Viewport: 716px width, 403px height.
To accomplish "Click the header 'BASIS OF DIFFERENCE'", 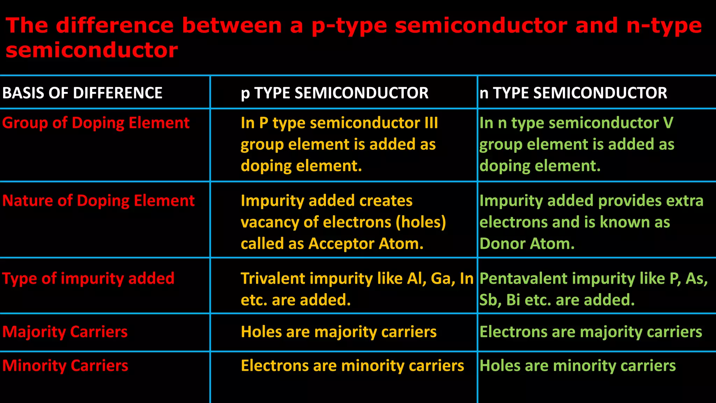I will [x=82, y=93].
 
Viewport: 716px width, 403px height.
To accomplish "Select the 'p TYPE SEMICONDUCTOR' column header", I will [x=335, y=93].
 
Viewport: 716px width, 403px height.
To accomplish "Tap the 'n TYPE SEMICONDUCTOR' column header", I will [x=573, y=93].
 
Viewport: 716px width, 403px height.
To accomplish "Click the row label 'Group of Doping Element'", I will [x=96, y=123].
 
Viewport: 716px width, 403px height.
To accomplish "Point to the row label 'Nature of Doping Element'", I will [x=98, y=201].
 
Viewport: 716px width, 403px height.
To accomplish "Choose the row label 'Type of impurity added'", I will [x=88, y=279].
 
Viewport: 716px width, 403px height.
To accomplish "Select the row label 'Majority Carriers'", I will [x=65, y=332].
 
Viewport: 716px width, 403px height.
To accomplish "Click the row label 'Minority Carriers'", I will [x=65, y=366].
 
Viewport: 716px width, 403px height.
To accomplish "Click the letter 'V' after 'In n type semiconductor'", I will [x=668, y=123].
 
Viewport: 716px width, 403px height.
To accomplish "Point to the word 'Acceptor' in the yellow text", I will [x=341, y=244].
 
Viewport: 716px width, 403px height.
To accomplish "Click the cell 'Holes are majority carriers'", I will [x=338, y=332].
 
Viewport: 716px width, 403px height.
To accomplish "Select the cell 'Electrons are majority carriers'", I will [x=591, y=332].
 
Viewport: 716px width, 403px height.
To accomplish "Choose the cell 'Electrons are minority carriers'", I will [x=352, y=366].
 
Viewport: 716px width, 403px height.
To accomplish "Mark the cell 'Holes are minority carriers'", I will [x=578, y=366].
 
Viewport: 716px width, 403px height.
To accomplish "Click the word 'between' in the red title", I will [x=232, y=26].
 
